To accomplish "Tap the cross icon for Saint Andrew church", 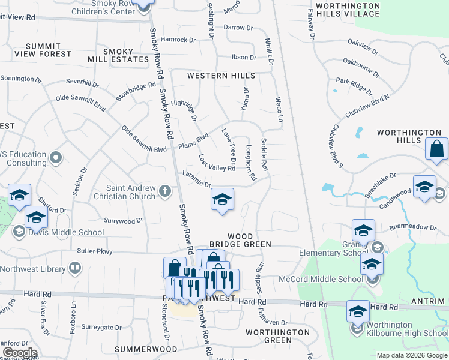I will (x=165, y=192).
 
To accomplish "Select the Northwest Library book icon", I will (x=75, y=268).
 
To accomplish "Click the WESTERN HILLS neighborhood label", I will (x=221, y=76).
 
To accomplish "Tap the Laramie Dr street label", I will (x=196, y=180).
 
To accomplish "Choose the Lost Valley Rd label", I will (x=217, y=163).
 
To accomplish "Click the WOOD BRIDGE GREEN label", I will (x=240, y=240).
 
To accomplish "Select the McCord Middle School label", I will (x=321, y=279).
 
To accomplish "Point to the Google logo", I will (x=20, y=353).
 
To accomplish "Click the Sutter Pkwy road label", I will (x=94, y=251).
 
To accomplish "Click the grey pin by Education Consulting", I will (x=56, y=158).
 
